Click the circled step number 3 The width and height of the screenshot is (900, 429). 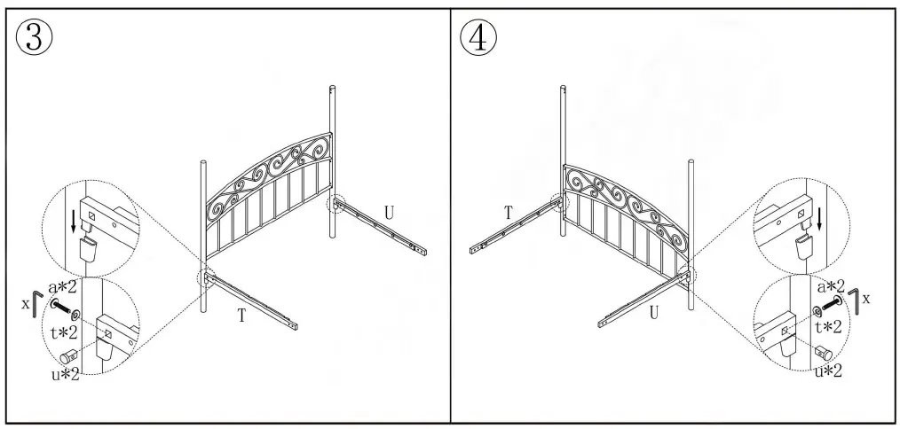35,35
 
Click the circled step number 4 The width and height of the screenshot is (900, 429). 478,35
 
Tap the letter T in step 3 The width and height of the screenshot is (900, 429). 241,315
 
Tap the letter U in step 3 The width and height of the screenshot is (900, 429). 389,212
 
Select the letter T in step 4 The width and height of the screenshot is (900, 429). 508,212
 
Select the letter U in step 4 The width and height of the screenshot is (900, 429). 653,312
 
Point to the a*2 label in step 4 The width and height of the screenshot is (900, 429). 831,285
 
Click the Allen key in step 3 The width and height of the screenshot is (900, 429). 35,303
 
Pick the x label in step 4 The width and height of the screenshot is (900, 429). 866,299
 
